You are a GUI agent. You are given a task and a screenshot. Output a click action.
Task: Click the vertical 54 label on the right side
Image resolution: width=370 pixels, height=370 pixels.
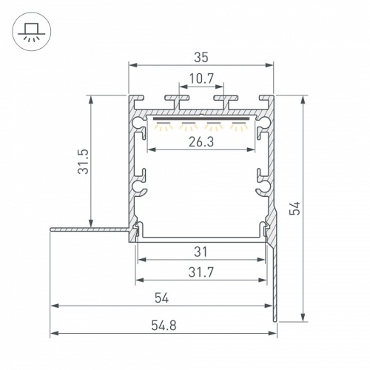pyautogui.click(x=294, y=209)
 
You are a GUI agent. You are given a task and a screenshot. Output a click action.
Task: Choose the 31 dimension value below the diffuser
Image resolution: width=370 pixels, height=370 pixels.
pyautogui.click(x=201, y=250)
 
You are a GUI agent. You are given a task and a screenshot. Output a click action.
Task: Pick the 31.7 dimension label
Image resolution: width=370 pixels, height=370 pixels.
pyautogui.click(x=201, y=272)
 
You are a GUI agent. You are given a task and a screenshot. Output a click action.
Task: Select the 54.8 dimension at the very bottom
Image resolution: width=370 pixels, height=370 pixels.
pyautogui.click(x=162, y=323)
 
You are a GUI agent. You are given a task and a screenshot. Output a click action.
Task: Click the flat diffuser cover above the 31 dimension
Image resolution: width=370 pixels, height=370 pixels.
pyautogui.click(x=201, y=238)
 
